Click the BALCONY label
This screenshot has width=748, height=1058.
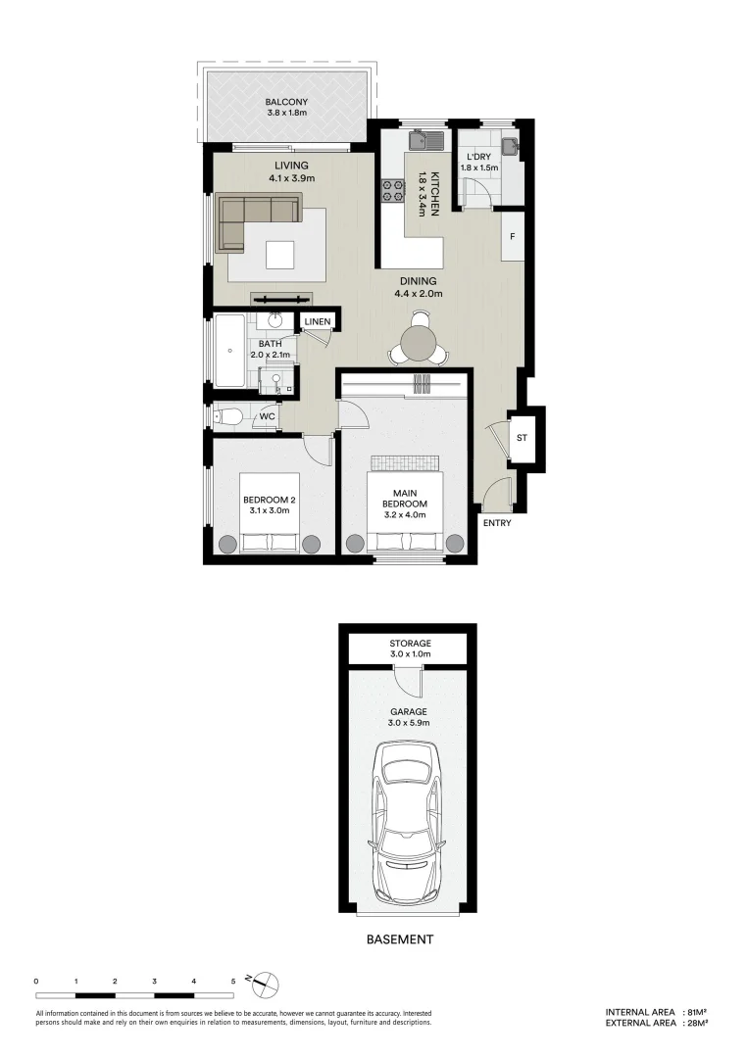286,102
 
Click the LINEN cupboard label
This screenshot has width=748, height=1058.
318,322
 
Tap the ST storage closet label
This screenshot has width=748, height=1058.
522,438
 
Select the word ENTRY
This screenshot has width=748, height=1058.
497,523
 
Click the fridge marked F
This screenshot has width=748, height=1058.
512,236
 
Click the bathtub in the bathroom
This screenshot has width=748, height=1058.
230,350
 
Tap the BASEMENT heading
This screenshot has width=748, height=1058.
399,939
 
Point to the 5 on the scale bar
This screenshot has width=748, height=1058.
233,981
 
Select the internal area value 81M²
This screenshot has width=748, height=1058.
697,1011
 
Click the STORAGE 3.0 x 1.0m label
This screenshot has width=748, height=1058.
410,649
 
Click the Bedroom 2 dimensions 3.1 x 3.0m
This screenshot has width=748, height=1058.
269,510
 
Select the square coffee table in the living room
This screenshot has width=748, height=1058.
280,255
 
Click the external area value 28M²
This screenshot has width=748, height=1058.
697,1024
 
